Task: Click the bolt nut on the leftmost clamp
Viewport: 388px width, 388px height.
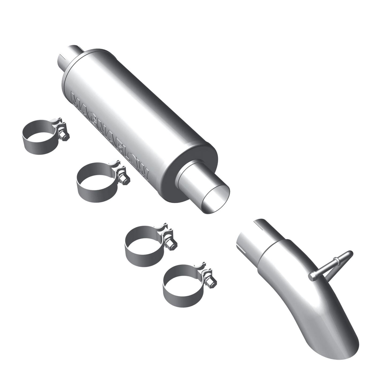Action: click(63, 136)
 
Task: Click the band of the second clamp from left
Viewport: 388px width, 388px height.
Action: click(94, 188)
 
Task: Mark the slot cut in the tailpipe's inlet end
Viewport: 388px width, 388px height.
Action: click(242, 250)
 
